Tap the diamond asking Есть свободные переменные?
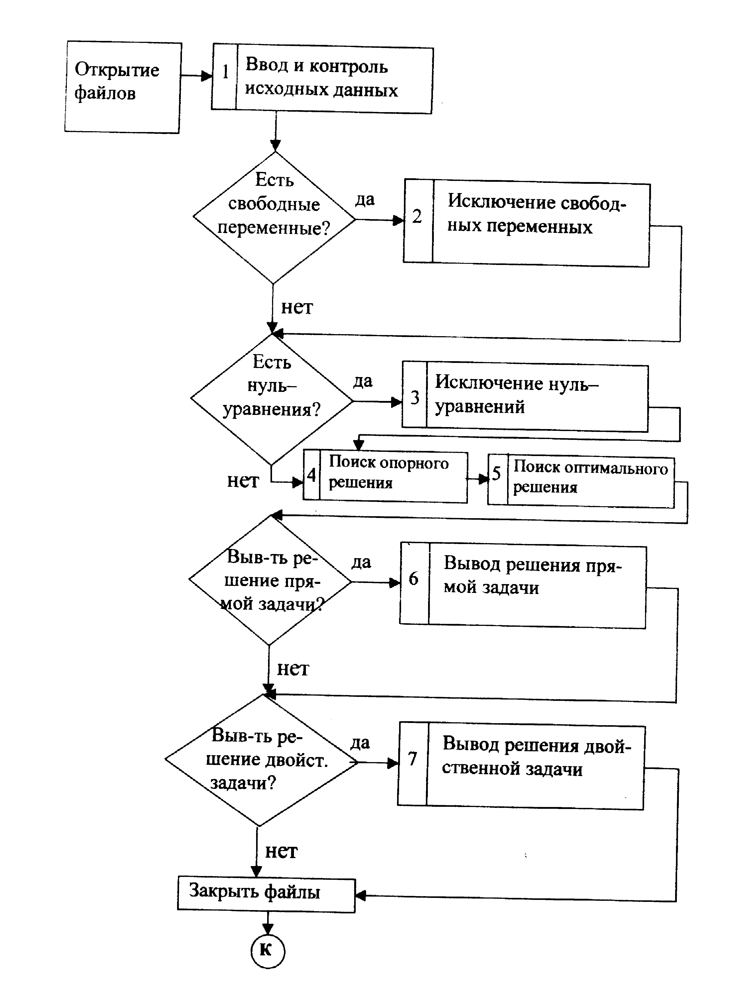pos(274,217)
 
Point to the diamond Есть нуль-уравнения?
pos(271,400)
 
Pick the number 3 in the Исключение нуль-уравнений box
pos(415,397)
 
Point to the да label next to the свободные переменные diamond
pos(365,199)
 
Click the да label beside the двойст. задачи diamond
pos(360,743)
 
